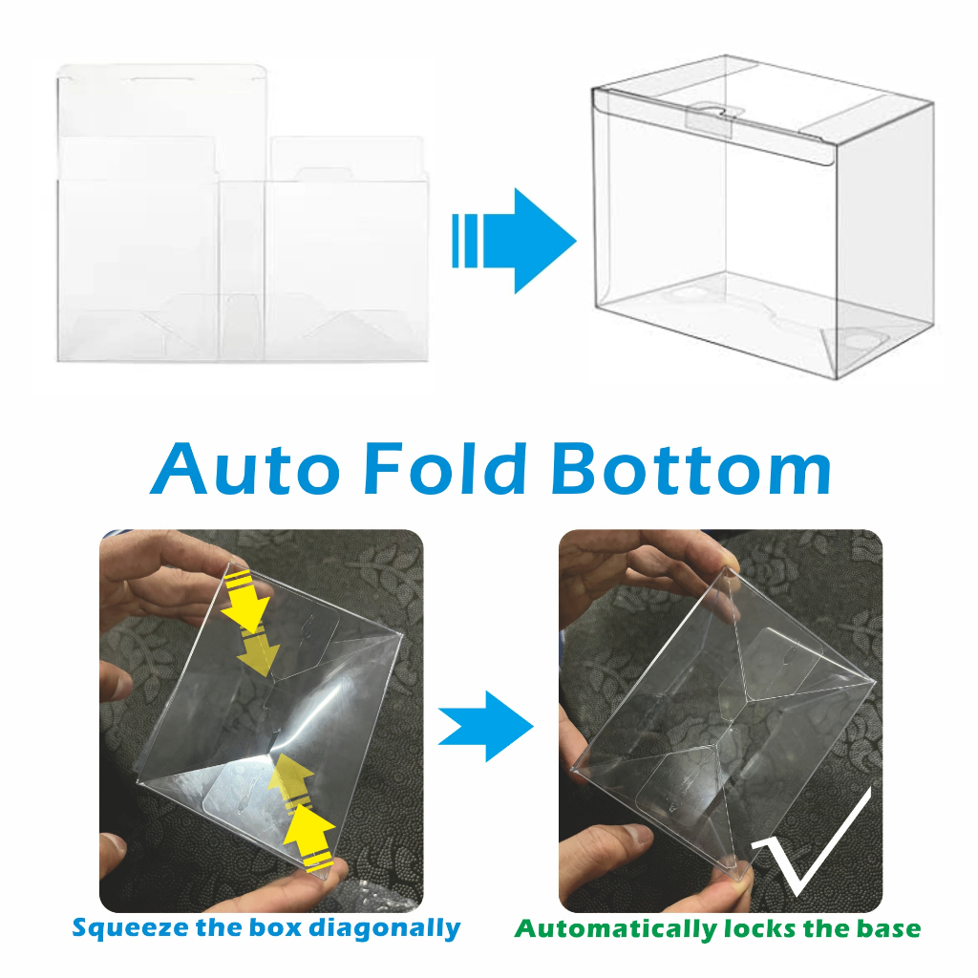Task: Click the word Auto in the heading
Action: tap(245, 468)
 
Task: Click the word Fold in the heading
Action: tap(445, 468)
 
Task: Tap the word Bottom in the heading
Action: tap(691, 468)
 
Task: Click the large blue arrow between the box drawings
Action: tap(514, 241)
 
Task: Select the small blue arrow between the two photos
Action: tap(485, 726)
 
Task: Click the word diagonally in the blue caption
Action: tap(386, 928)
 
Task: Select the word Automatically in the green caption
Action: tap(615, 929)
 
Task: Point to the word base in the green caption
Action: tap(888, 928)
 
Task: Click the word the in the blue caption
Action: tap(220, 927)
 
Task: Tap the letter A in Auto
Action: tap(179, 468)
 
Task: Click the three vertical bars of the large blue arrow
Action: tap(465, 241)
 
